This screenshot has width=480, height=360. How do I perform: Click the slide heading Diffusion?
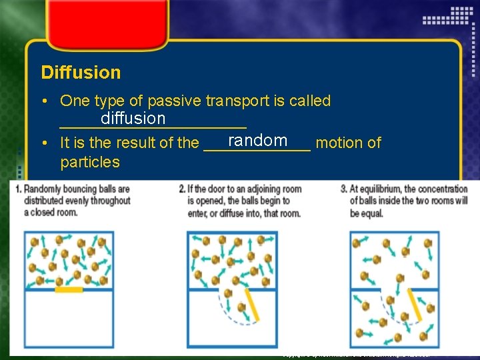[x=81, y=72]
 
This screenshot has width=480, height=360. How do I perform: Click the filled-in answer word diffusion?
[x=133, y=119]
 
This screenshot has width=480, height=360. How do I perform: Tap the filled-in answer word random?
[x=257, y=140]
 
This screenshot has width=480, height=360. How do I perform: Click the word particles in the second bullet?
[x=90, y=162]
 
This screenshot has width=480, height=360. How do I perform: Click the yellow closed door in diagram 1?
[x=69, y=289]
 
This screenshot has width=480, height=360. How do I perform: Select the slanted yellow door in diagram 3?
[x=413, y=303]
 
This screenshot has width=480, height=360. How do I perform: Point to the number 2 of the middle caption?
[x=181, y=189]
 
